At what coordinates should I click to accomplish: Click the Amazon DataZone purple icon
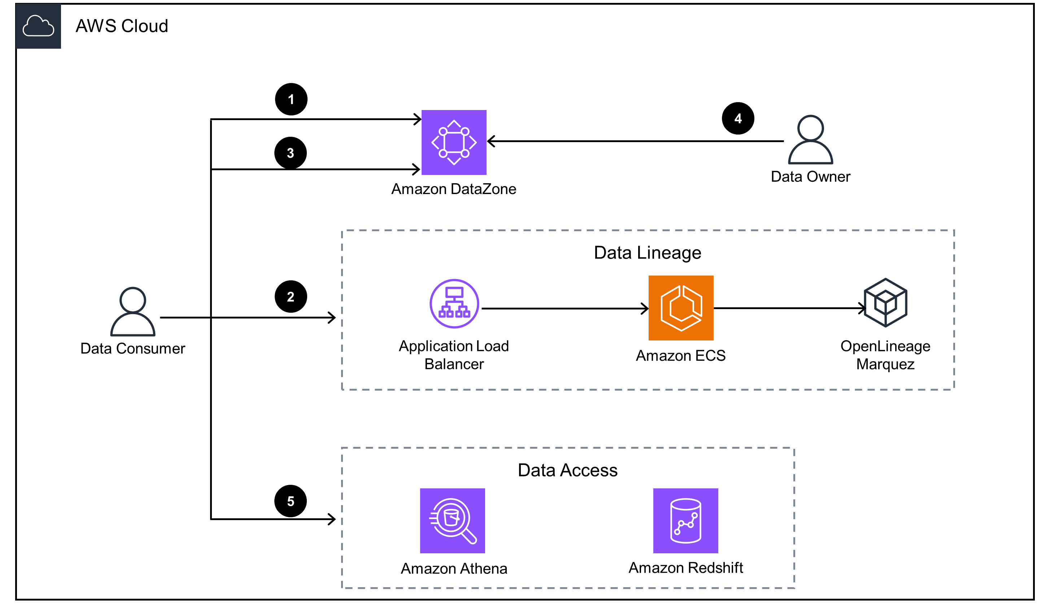tap(454, 142)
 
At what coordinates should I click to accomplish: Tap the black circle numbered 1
tap(291, 99)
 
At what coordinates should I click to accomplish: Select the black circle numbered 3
tap(291, 153)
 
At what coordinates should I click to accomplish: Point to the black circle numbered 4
tap(738, 118)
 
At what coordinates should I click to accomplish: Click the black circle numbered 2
tap(291, 296)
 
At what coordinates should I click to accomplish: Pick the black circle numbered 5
tap(291, 501)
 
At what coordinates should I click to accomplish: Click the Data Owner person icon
tap(810, 140)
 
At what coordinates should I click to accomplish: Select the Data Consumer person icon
tap(132, 312)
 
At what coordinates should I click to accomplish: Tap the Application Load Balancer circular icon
tap(454, 304)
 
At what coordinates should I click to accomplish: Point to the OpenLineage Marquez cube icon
tap(885, 302)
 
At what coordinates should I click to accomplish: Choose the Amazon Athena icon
tap(453, 520)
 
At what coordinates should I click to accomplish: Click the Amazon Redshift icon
tap(685, 520)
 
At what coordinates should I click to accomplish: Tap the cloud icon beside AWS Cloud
tap(38, 26)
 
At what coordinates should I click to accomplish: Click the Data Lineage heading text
tap(648, 253)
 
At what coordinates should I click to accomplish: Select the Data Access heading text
tap(567, 470)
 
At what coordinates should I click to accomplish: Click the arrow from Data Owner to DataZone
tap(633, 141)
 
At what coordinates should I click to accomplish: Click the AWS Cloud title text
tap(122, 26)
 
